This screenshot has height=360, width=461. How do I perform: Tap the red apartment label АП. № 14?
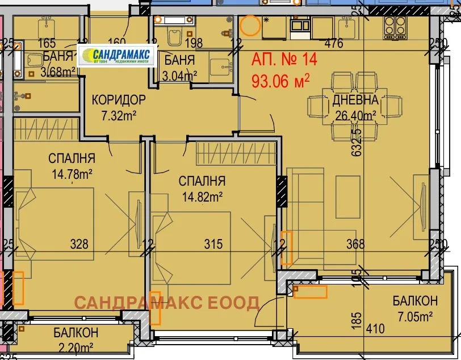284,59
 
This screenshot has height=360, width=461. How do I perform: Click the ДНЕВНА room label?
355,101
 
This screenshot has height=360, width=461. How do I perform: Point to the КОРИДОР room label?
119,101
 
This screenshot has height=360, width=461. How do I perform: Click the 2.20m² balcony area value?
76,348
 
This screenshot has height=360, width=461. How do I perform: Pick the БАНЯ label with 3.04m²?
179,61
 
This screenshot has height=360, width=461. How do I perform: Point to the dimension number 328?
79,244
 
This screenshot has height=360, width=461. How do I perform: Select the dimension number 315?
213,244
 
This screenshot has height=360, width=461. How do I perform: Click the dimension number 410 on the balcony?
376,328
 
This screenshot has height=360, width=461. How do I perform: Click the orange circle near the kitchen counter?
249,26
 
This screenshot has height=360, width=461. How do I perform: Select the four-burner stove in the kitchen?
396,24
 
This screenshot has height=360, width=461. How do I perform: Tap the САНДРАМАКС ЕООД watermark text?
167,302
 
